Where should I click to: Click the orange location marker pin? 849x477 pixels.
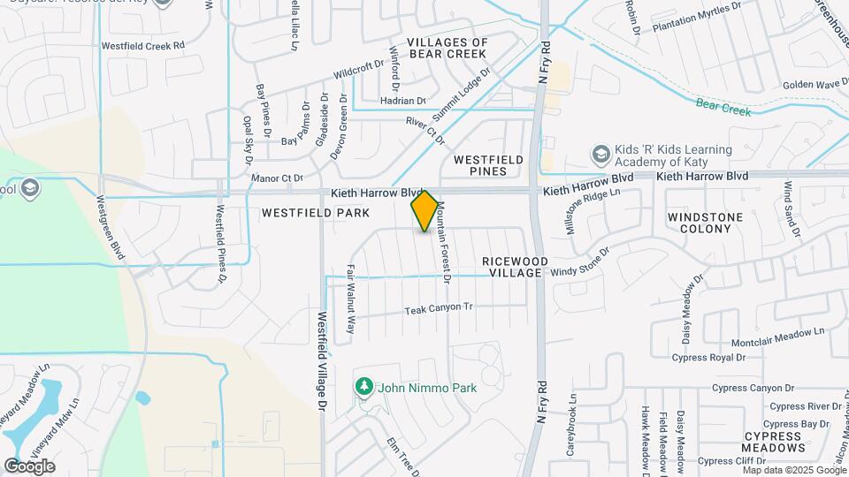pos(424,212)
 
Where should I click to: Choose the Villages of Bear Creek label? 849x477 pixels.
pos(447,48)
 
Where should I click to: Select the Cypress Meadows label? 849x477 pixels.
pos(773,443)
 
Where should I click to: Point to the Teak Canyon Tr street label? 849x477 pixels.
pos(440,309)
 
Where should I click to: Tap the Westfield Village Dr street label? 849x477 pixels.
pos(322,363)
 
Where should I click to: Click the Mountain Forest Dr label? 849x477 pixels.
pos(444,241)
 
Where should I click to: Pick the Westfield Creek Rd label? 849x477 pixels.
pos(143,45)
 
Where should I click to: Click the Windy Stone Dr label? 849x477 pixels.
pos(580,262)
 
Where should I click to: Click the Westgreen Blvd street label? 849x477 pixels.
pos(112,228)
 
